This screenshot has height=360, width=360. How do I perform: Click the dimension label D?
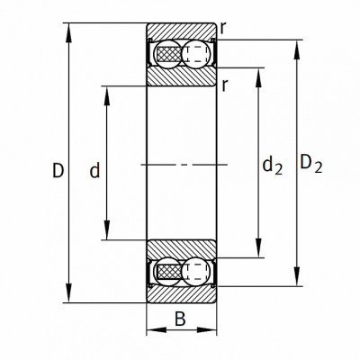click(58, 170)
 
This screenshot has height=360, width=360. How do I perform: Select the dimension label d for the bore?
click(94, 170)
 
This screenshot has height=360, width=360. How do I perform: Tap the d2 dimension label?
click(273, 166)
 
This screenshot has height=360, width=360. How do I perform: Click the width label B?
click(180, 319)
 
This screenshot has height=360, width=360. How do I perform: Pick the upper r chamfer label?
click(223, 29)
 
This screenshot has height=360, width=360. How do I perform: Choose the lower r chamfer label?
click(225, 86)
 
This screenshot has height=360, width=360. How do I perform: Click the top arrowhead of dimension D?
click(69, 32)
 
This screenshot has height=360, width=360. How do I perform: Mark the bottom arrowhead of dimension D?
click(69, 293)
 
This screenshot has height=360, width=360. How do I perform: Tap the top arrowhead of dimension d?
click(107, 96)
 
